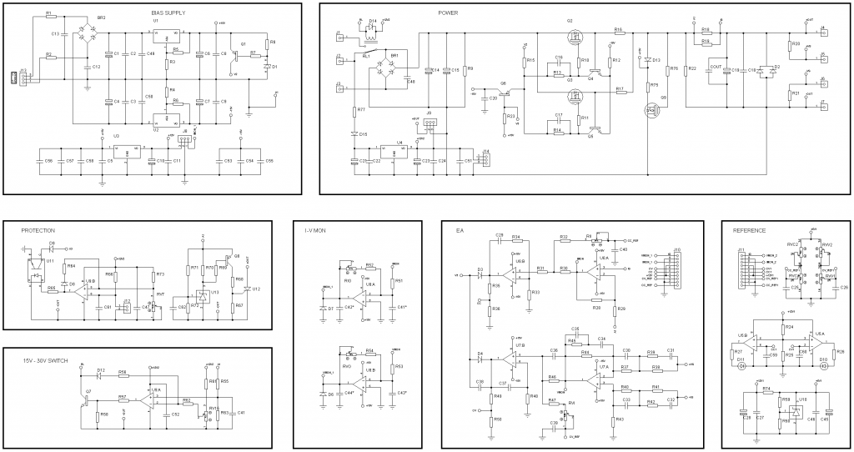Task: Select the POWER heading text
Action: (448, 13)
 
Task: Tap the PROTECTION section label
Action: (38, 230)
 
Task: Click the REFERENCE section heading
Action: (749, 230)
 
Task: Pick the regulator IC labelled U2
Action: (167, 117)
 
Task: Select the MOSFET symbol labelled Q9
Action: (650, 109)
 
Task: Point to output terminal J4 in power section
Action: (822, 34)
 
